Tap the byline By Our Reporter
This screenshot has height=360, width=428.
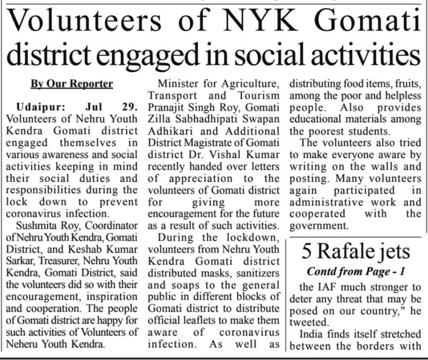(x=72, y=84)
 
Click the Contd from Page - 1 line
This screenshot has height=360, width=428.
(x=356, y=272)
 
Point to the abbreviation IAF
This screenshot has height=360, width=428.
(x=318, y=286)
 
